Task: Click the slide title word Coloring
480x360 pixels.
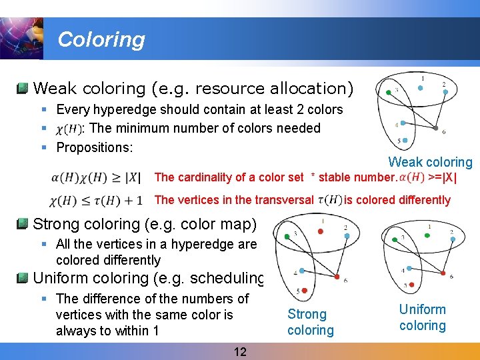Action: tap(101, 39)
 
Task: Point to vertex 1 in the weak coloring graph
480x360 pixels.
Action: tap(421, 87)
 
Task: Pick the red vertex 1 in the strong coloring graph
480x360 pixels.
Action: tap(321, 231)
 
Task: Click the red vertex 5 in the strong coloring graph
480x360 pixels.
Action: tap(304, 290)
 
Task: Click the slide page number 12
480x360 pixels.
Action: tap(239, 352)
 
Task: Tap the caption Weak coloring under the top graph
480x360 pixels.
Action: tap(430, 162)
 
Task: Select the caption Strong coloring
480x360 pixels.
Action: tap(310, 322)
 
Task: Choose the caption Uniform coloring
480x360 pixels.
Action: tap(422, 317)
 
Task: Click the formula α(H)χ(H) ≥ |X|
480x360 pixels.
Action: tap(95, 177)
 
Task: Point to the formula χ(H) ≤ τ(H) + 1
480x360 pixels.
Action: tap(95, 200)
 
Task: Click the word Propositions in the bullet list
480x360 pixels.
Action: tap(95, 147)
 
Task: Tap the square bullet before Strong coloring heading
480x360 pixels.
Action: tap(23, 223)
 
